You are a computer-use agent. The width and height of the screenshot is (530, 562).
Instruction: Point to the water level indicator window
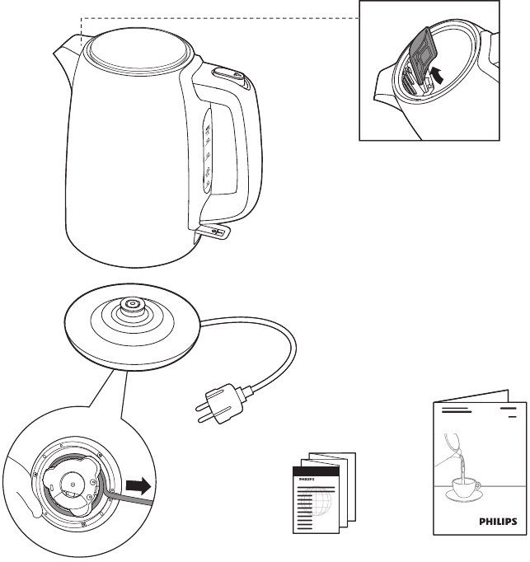tap(208, 152)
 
